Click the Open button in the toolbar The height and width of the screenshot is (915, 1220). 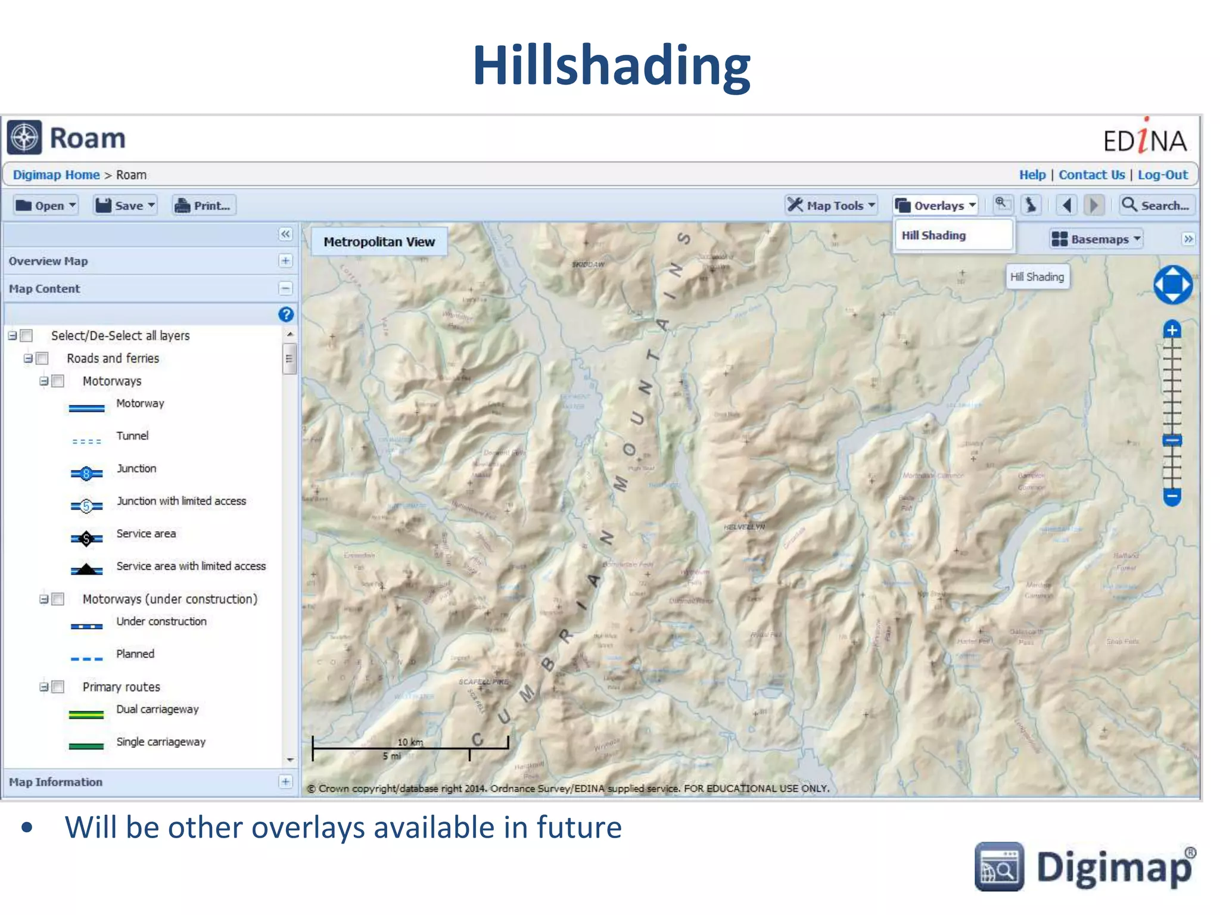pyautogui.click(x=46, y=206)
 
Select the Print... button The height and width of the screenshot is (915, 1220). pyautogui.click(x=204, y=206)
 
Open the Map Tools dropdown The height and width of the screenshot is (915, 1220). pyautogui.click(x=831, y=206)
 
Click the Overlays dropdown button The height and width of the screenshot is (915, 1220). pyautogui.click(x=936, y=206)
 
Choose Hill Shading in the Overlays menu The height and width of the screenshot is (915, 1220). pyautogui.click(x=933, y=235)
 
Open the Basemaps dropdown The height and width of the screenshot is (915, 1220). pyautogui.click(x=1095, y=239)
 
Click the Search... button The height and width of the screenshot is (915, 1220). pyautogui.click(x=1156, y=206)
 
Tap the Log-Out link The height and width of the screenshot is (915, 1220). pyautogui.click(x=1162, y=175)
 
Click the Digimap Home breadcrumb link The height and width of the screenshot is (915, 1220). pyautogui.click(x=57, y=175)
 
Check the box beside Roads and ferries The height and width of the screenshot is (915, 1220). pyautogui.click(x=42, y=359)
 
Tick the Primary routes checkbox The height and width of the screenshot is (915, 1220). pyautogui.click(x=58, y=687)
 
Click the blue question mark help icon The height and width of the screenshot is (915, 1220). pyautogui.click(x=286, y=315)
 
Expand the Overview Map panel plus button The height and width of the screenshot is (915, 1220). pyautogui.click(x=285, y=261)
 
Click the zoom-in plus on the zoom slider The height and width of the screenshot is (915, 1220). pyautogui.click(x=1172, y=330)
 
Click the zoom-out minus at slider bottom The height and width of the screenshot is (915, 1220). pyautogui.click(x=1172, y=496)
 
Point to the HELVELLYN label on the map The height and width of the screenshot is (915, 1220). pyautogui.click(x=744, y=527)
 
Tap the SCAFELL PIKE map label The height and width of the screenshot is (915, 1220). pyautogui.click(x=483, y=681)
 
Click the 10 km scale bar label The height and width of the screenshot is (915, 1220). pyautogui.click(x=410, y=742)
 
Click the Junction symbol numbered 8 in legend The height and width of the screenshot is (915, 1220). pyautogui.click(x=86, y=474)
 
